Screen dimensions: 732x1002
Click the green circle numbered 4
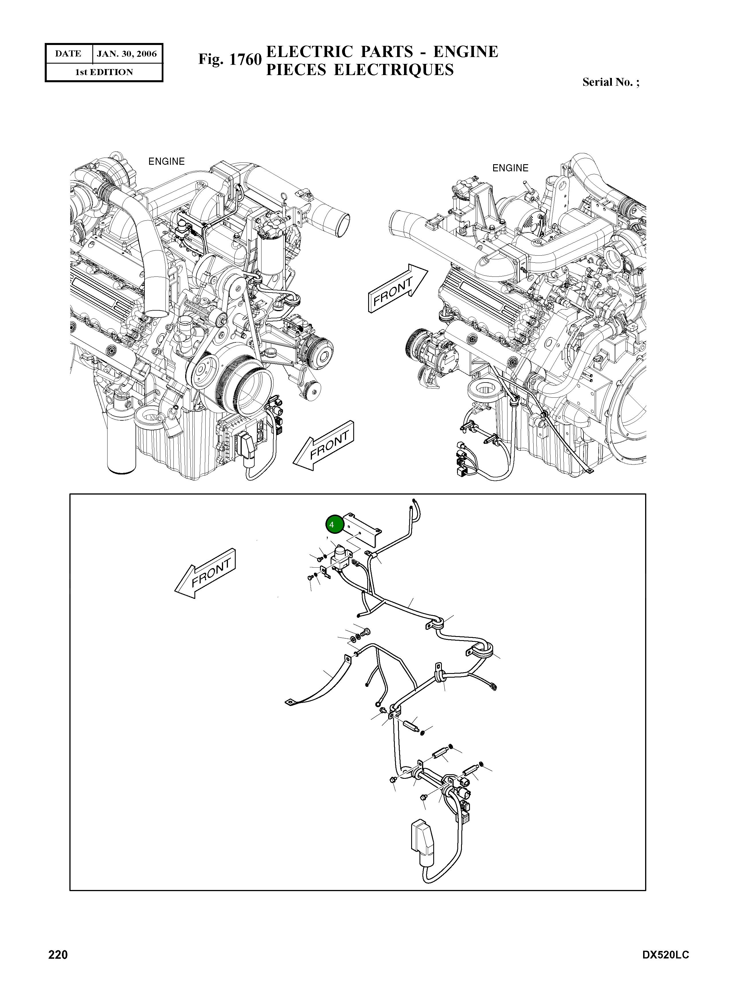click(335, 525)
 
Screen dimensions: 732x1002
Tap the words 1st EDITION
click(104, 72)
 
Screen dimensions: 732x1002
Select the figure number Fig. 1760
click(230, 59)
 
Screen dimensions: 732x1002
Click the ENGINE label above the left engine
click(167, 162)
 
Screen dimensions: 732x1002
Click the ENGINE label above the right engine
click(510, 168)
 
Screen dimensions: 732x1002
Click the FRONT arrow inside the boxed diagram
click(206, 573)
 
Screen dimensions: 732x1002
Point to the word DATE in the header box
click(68, 54)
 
